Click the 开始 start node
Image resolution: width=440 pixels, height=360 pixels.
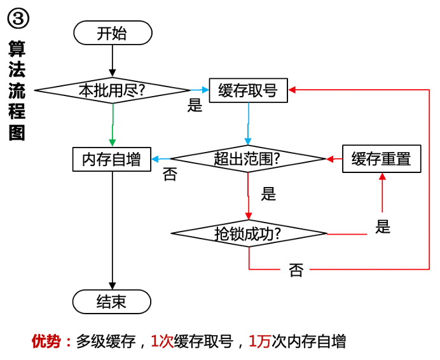113,33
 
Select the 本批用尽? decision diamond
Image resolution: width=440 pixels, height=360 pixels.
112,90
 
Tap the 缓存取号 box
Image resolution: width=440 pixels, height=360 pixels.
248,90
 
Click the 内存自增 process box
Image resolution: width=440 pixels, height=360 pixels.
112,159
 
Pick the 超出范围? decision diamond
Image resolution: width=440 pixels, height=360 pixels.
248,159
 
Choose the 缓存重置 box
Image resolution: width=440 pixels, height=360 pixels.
382,158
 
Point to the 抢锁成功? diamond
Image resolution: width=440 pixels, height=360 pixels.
248,234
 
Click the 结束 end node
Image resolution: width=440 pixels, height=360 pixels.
112,301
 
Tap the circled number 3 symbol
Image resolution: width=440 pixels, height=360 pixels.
18,18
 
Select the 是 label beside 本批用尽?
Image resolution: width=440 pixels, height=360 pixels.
195,106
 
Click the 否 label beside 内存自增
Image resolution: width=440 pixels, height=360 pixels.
169,175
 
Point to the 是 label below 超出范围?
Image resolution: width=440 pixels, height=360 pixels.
268,194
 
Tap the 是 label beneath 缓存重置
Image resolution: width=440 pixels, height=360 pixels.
383,226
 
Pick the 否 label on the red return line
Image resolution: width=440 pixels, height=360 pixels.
296,271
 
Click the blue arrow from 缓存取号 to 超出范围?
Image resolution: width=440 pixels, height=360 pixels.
248,124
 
